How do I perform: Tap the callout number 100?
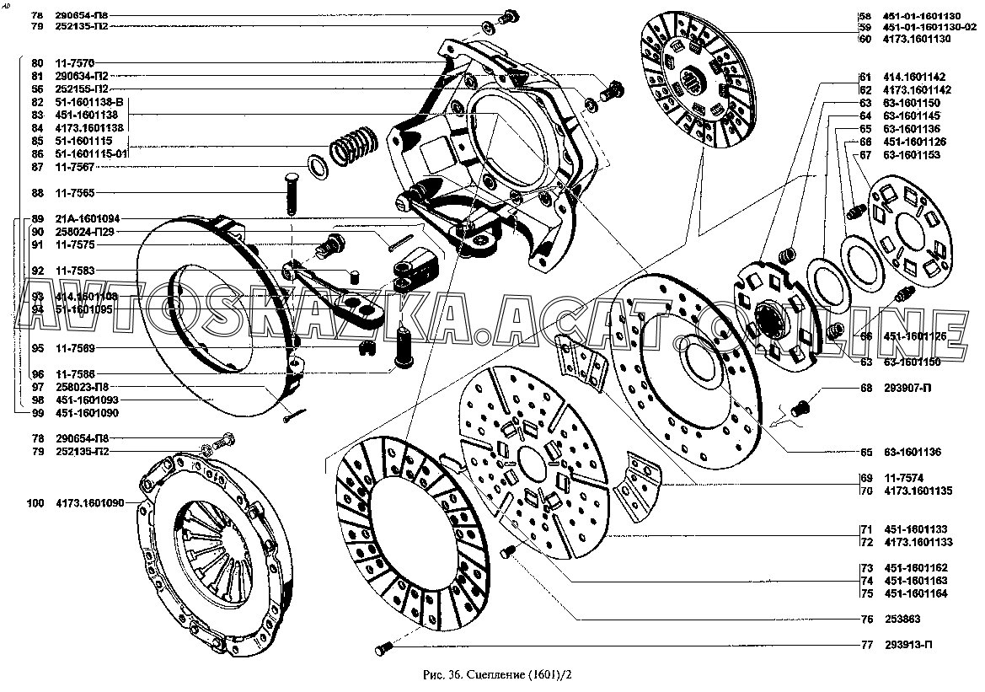tap(35, 503)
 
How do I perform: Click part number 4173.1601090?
tap(90, 503)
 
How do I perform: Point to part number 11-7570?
tap(74, 63)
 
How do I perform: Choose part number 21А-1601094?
tap(88, 218)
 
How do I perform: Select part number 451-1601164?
tap(916, 593)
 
